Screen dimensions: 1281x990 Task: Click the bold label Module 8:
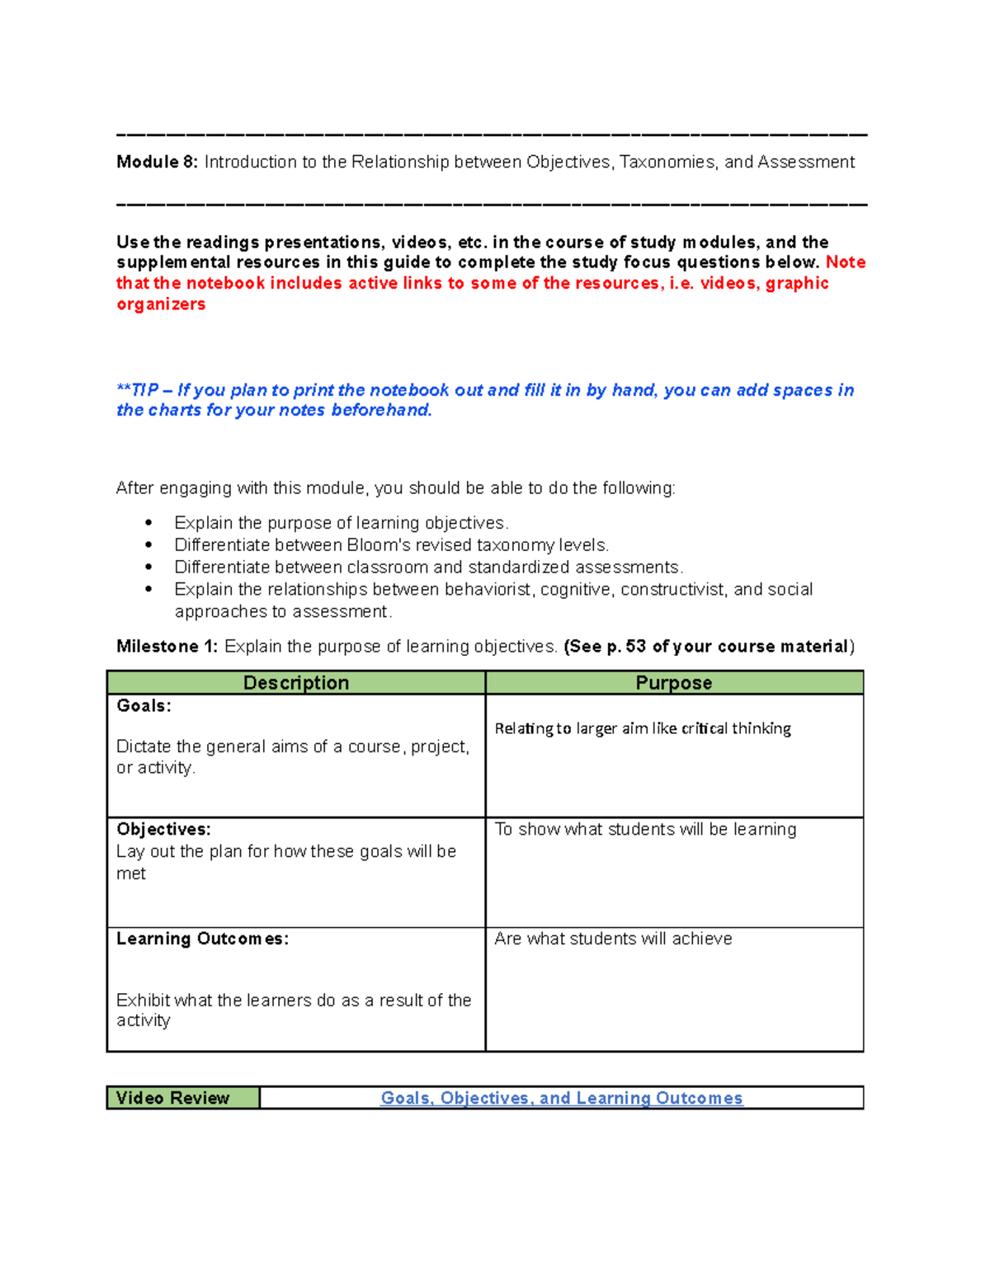[157, 162]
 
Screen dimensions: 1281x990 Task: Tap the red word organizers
[161, 304]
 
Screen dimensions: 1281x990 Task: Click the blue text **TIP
[137, 390]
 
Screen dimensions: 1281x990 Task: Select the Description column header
[295, 683]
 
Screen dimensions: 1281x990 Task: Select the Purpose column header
[673, 683]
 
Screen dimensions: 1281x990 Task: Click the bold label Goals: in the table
[144, 706]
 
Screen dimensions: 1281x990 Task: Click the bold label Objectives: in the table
[163, 829]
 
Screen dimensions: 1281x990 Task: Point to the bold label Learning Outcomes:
[202, 939]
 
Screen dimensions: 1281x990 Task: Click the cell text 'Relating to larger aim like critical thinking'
[643, 728]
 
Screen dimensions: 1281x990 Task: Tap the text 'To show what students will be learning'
[645, 829]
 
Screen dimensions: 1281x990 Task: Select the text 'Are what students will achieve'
[613, 939]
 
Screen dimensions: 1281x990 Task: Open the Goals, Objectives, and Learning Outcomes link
[561, 1098]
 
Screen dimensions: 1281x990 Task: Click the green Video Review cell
[183, 1098]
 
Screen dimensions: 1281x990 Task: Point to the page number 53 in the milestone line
[635, 647]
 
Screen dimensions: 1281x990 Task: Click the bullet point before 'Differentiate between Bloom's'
[148, 545]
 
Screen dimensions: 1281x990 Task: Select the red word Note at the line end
[846, 262]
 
